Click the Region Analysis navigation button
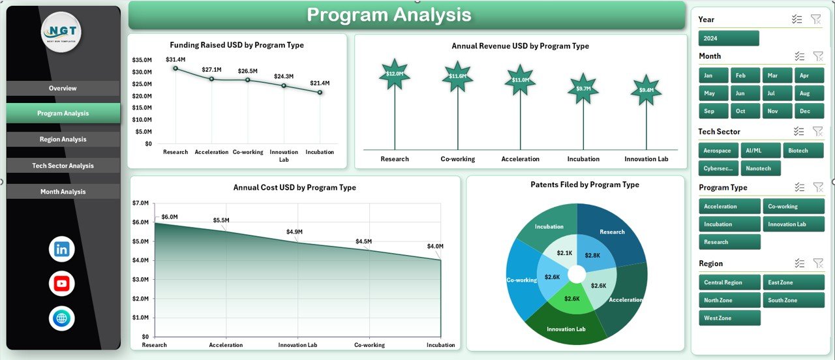[x=63, y=140]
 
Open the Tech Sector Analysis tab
[x=63, y=166]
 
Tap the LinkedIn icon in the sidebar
[x=62, y=249]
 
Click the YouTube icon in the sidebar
[x=62, y=284]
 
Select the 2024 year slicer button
[x=728, y=38]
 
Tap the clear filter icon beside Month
[x=816, y=57]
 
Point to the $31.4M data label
[x=175, y=59]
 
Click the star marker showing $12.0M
[x=394, y=74]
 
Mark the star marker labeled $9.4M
[x=646, y=91]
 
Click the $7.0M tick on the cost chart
[x=142, y=203]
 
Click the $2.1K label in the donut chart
[x=564, y=253]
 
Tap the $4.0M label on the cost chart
[x=435, y=247]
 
